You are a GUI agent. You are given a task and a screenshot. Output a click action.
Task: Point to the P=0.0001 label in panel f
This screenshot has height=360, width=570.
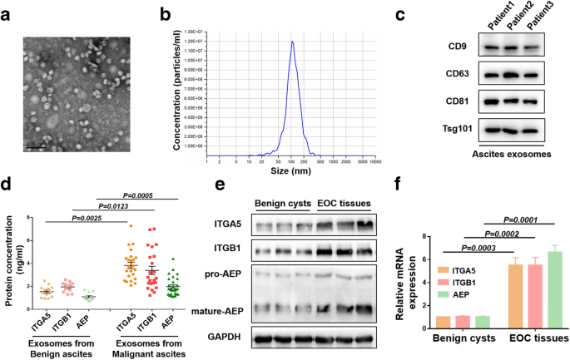click(x=517, y=221)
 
